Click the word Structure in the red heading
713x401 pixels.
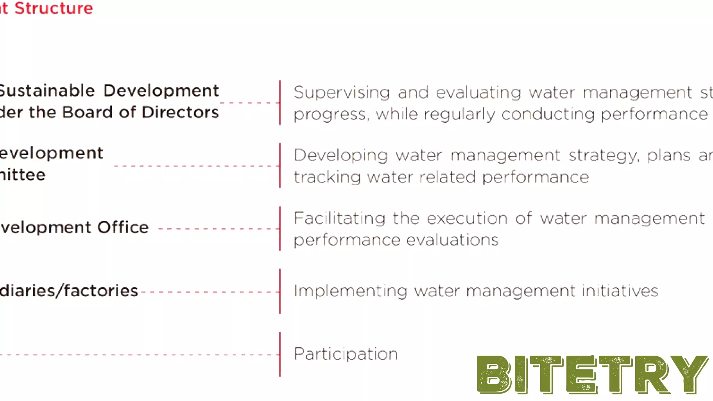coord(54,8)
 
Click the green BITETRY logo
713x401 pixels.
coord(592,374)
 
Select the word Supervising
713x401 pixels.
coord(342,93)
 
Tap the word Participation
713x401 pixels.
coord(346,354)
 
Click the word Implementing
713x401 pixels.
coord(351,291)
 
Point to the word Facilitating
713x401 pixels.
coord(340,218)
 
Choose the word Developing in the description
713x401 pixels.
coord(341,156)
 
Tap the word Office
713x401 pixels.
coord(123,227)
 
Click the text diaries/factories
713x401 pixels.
coord(69,291)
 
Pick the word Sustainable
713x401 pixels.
coord(47,91)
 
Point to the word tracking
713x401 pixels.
coord(327,177)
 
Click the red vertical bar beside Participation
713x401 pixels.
coord(280,354)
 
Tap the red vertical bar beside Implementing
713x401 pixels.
coord(280,291)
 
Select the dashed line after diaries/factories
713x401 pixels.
coord(209,292)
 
